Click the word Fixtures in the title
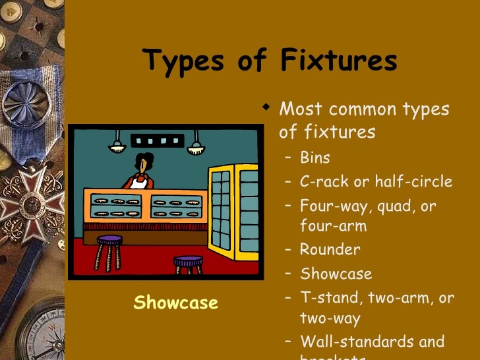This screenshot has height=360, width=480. (339, 61)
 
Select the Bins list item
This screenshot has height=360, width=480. (315, 158)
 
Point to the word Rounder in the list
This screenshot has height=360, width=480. (330, 250)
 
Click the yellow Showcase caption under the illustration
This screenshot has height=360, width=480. (175, 303)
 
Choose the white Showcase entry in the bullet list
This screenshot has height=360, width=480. (336, 274)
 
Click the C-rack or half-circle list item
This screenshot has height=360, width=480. (376, 182)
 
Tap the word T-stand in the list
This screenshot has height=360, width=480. (327, 298)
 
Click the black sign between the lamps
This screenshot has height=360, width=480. (157, 140)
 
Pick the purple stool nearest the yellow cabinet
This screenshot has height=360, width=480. (189, 264)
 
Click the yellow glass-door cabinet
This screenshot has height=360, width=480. (233, 210)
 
